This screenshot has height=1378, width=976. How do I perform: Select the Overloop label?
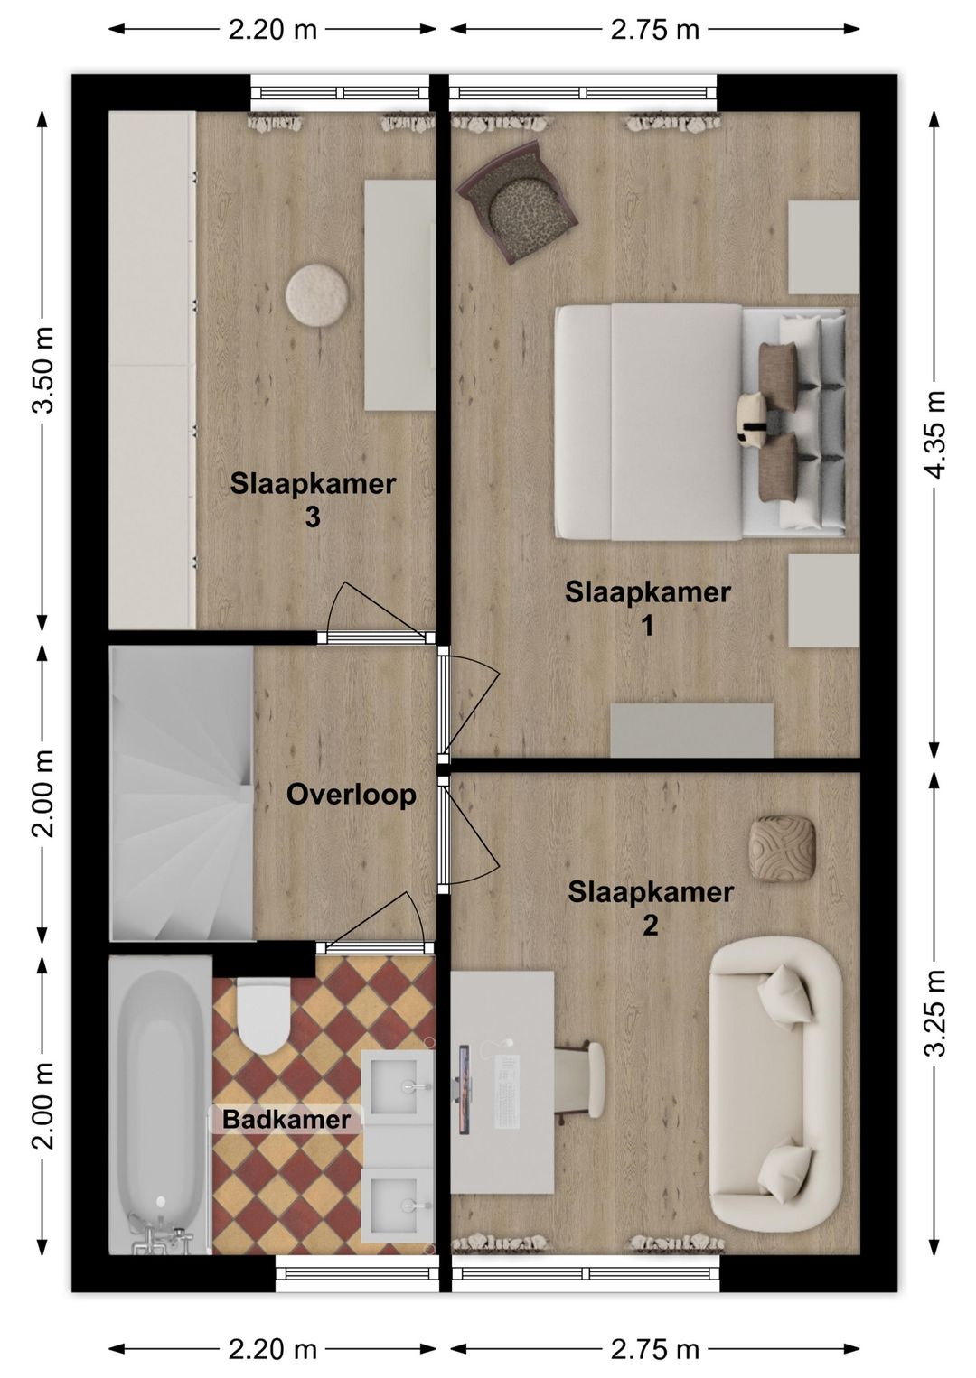coord(351,795)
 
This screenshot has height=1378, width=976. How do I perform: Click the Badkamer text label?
coord(286,1120)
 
